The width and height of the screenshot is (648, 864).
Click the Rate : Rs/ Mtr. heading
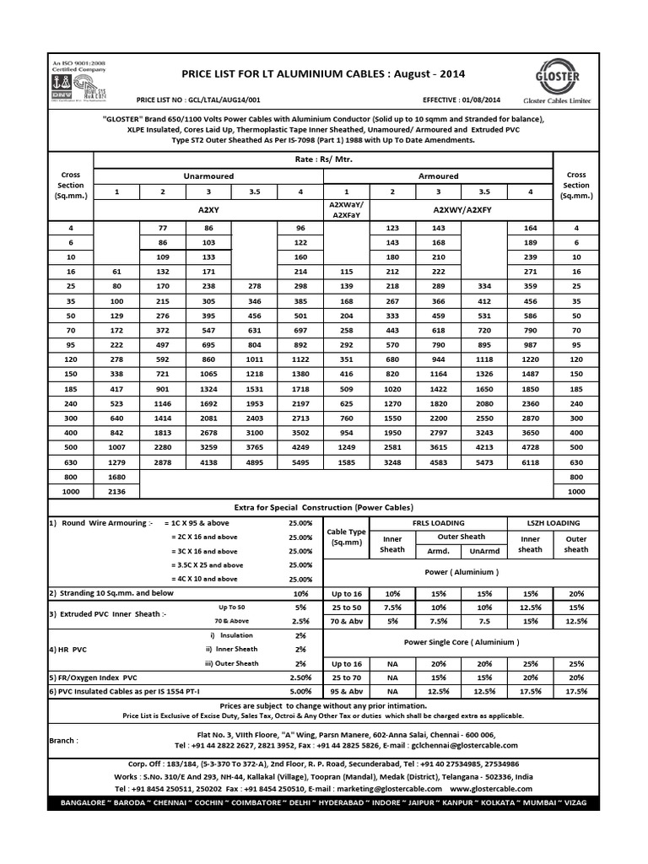(x=323, y=158)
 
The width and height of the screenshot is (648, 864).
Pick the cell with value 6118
(x=529, y=462)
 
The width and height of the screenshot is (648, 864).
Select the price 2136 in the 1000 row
(x=116, y=491)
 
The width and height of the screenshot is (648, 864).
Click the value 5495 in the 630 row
(x=300, y=462)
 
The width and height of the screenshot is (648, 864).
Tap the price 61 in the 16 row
(x=116, y=272)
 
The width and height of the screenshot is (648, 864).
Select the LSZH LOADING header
(x=553, y=523)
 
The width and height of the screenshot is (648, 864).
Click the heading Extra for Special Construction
(x=323, y=507)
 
